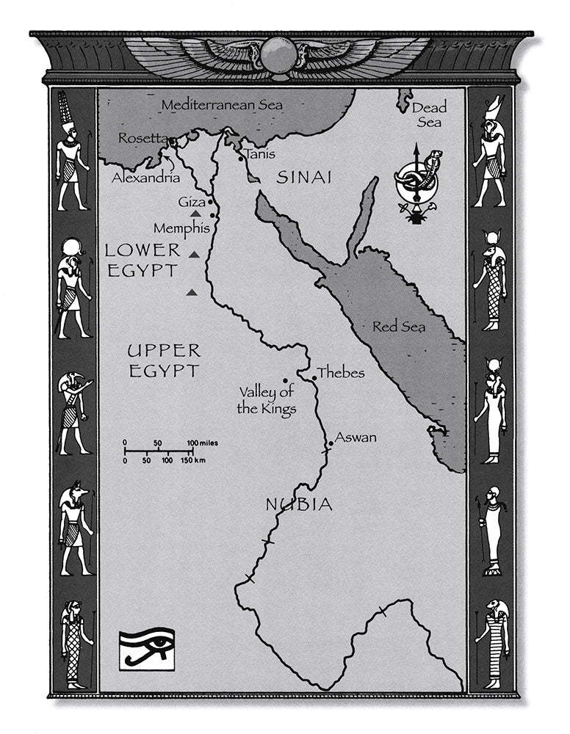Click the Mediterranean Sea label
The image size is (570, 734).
(x=222, y=105)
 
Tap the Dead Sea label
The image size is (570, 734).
(x=429, y=115)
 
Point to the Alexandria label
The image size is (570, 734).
(x=145, y=178)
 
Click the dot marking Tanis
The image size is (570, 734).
(x=240, y=156)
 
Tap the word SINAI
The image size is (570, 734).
(x=304, y=177)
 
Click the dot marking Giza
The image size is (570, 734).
(x=210, y=201)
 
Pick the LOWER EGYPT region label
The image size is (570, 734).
(x=142, y=260)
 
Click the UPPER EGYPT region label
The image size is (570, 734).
(x=164, y=360)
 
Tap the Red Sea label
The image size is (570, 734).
(x=399, y=327)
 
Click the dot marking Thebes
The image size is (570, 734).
(x=314, y=379)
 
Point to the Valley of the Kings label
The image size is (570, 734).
(x=266, y=400)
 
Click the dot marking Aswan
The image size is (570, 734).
(x=331, y=444)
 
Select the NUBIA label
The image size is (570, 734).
(x=298, y=504)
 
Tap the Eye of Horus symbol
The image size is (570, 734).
(x=147, y=648)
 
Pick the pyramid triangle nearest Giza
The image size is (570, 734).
(x=195, y=213)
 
